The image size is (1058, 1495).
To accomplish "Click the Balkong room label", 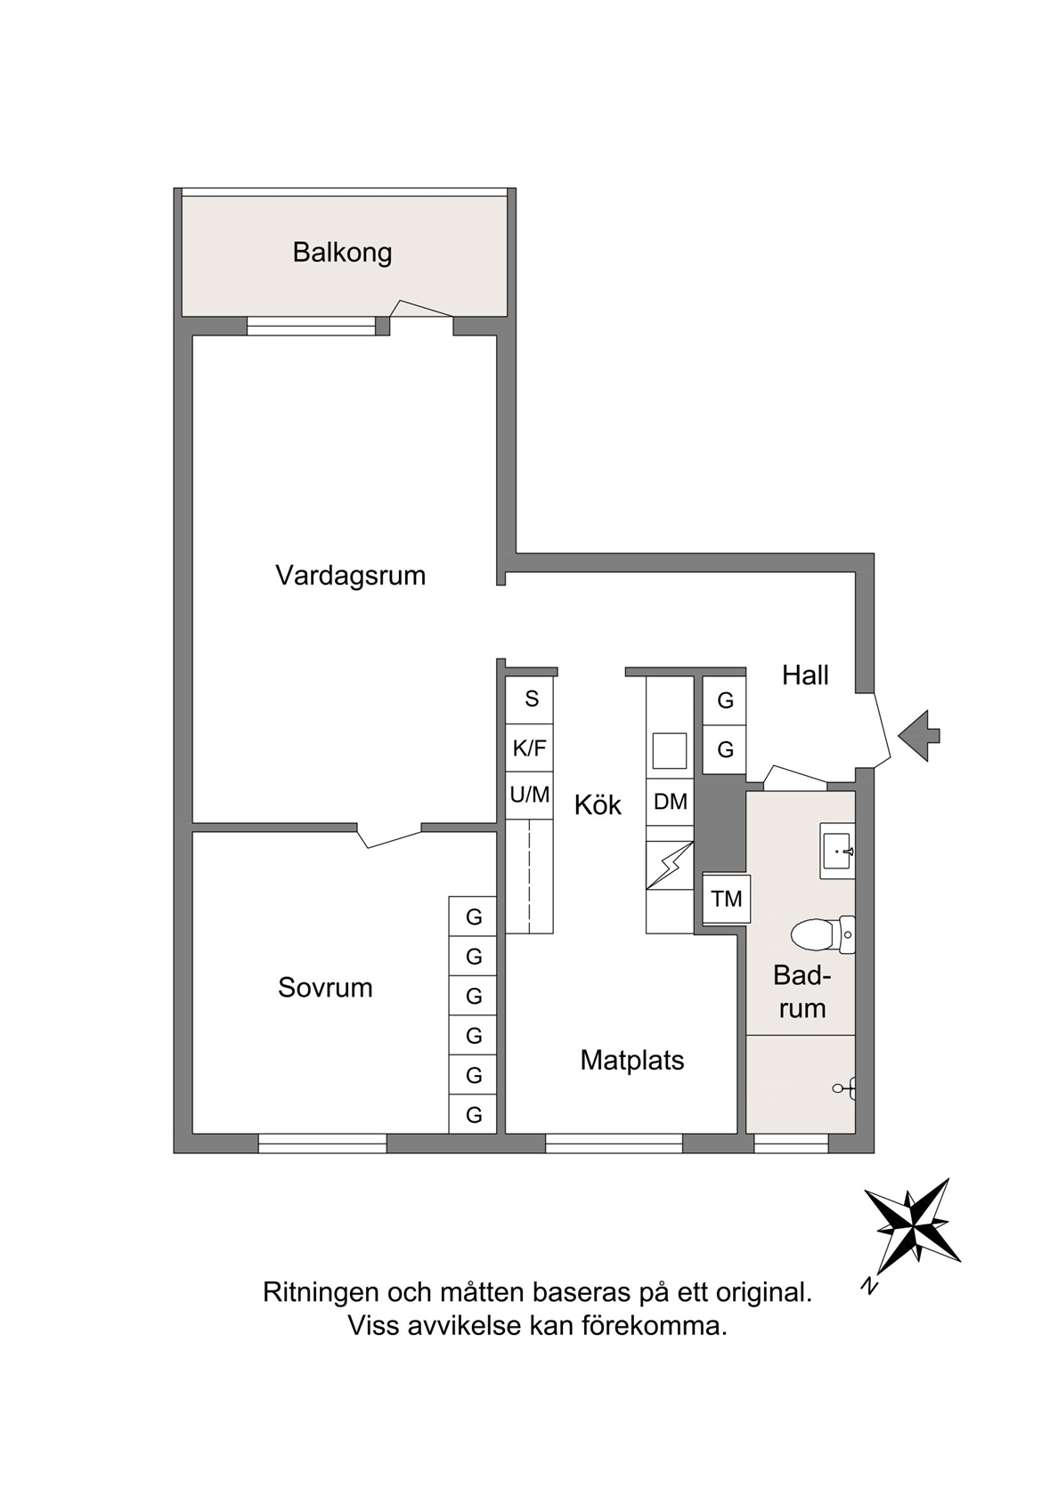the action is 342,253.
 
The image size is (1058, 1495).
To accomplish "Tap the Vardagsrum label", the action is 351,575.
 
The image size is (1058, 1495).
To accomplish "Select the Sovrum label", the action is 325,988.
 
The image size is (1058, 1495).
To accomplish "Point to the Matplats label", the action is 632,1061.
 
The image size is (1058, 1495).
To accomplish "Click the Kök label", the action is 598,805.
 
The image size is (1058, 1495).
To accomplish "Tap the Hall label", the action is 805,675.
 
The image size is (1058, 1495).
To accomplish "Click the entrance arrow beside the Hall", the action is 919,735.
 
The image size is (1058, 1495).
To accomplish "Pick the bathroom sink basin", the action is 837,851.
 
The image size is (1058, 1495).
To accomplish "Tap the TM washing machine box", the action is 726,899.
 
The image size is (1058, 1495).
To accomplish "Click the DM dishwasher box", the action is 670,801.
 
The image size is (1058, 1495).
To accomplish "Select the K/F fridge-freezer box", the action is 529,748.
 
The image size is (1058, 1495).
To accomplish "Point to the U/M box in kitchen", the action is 529,796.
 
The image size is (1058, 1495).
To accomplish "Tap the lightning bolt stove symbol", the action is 670,865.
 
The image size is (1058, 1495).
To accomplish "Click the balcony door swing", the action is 420,309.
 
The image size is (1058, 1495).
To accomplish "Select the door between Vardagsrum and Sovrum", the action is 388,836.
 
